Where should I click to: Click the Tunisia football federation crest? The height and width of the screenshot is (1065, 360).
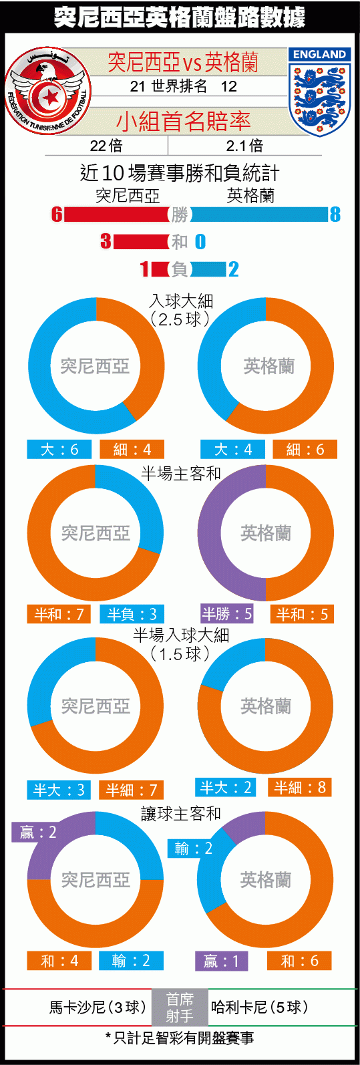click(x=48, y=91)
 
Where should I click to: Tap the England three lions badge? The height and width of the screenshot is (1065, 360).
click(x=319, y=92)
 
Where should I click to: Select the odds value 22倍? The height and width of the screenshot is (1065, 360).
click(x=106, y=146)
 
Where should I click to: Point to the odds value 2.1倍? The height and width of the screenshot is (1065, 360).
click(x=244, y=146)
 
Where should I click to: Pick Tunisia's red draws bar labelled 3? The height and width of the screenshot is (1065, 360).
click(x=141, y=241)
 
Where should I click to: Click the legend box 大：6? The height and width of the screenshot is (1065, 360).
click(x=59, y=449)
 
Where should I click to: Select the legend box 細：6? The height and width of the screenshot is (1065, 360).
click(x=305, y=449)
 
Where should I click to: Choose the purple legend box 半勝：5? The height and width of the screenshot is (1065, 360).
click(x=227, y=614)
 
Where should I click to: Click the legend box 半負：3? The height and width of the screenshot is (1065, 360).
click(x=132, y=614)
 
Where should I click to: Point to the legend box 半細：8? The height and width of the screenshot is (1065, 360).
click(x=300, y=787)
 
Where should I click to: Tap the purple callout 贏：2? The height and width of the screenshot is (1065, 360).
click(x=38, y=832)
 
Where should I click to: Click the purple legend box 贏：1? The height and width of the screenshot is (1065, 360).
click(x=221, y=961)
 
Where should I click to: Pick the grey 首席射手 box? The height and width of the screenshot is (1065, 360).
click(x=180, y=1007)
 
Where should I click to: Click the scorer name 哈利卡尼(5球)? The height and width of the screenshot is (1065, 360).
click(x=260, y=1007)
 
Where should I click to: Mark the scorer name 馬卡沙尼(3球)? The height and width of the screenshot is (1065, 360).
click(x=98, y=1007)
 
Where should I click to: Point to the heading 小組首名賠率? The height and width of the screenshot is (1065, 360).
click(x=184, y=122)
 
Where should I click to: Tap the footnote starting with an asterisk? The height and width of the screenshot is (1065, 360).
click(x=180, y=1038)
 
